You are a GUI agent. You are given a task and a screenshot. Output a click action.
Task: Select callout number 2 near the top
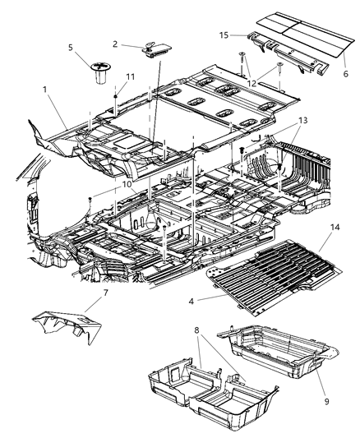pos(116,44)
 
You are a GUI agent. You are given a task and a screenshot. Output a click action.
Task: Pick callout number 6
pos(345,74)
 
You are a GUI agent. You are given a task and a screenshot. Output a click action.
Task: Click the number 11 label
pos(128,77)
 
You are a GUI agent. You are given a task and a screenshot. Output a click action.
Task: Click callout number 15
pos(224,35)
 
